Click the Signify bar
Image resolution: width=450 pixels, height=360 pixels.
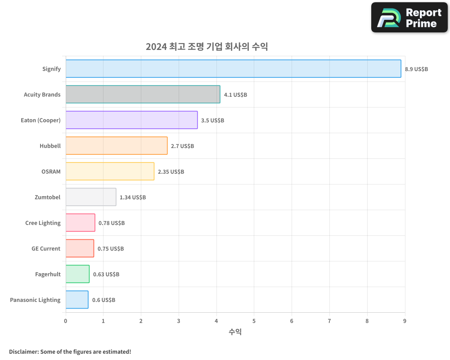(233, 69)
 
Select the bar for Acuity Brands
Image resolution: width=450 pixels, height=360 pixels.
(143, 94)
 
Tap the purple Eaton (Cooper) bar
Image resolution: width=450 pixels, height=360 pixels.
(131, 120)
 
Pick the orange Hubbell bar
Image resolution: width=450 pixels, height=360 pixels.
(116, 146)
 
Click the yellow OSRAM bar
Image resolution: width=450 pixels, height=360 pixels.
(110, 171)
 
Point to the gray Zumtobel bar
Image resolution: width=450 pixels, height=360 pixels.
(90, 197)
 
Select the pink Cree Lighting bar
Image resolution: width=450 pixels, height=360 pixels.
(80, 223)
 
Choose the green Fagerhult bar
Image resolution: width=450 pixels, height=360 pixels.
(77, 274)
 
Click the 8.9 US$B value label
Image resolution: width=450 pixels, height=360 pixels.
(416, 69)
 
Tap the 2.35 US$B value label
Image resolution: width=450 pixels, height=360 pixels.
(171, 172)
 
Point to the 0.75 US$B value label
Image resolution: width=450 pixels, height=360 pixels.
(111, 249)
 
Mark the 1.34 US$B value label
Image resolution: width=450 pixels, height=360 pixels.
(133, 198)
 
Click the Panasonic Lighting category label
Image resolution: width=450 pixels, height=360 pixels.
(35, 300)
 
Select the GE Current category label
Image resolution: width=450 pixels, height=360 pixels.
(46, 249)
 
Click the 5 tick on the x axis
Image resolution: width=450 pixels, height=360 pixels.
(254, 321)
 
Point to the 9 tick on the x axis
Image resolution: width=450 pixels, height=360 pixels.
(405, 321)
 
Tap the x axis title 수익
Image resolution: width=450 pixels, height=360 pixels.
(235, 332)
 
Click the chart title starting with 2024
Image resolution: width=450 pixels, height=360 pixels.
(207, 47)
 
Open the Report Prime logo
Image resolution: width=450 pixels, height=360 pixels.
(409, 18)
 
